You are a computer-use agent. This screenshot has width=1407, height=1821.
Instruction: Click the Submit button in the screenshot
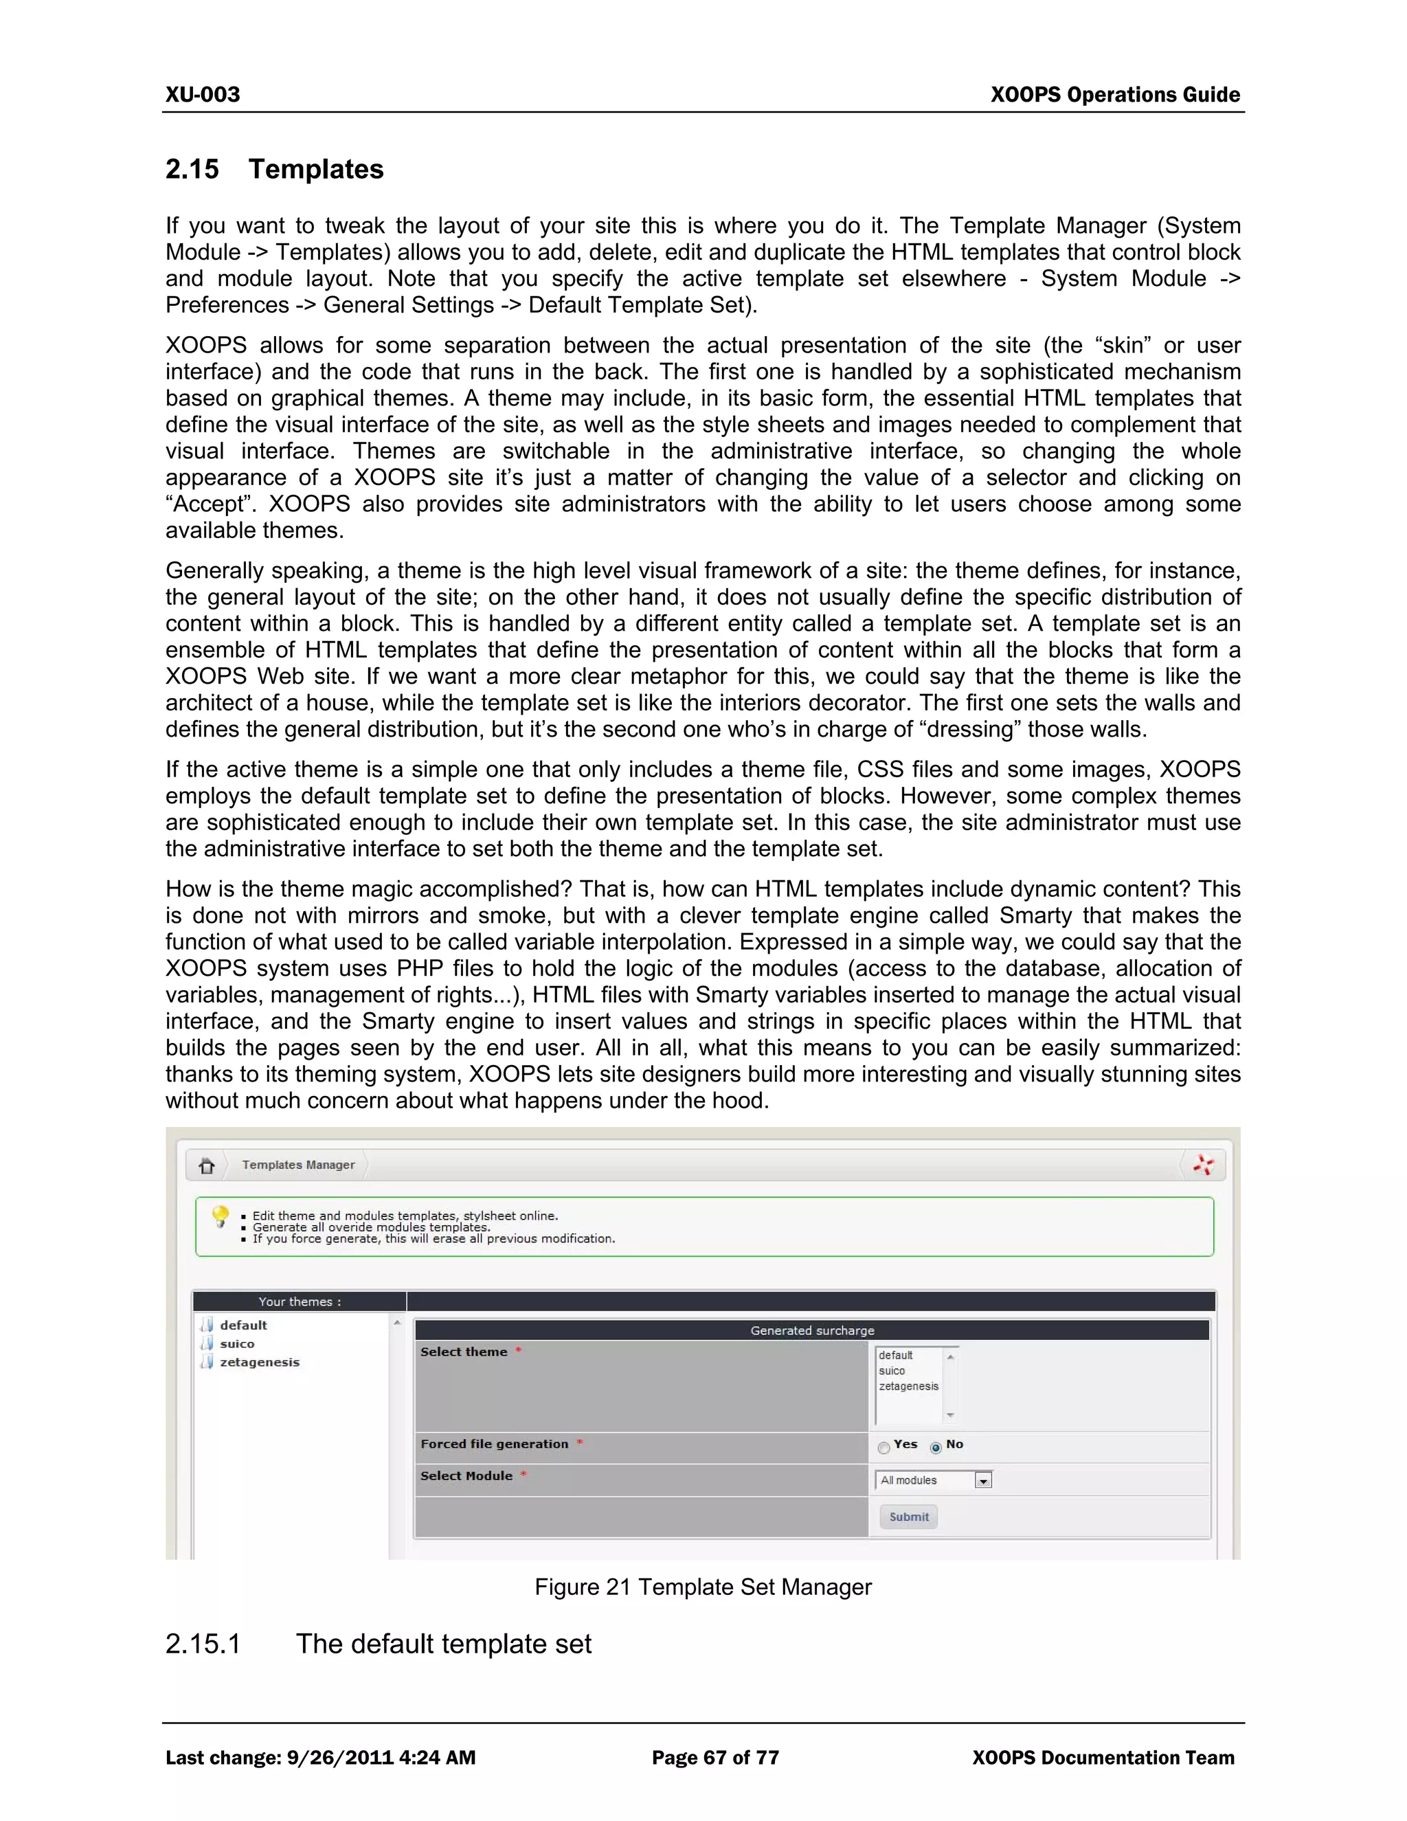coord(908,1517)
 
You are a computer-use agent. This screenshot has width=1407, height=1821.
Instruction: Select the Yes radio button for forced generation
coord(883,1449)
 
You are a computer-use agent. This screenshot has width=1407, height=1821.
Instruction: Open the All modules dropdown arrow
coord(984,1481)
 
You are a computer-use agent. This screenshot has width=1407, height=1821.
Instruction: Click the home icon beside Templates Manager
coord(207,1165)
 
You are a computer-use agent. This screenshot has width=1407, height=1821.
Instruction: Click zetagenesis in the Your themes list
coord(259,1363)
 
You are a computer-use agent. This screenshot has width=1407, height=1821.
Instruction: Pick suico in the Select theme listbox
coord(892,1371)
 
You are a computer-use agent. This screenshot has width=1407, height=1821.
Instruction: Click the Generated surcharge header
coord(812,1331)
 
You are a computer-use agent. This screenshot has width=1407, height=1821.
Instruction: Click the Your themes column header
coord(300,1301)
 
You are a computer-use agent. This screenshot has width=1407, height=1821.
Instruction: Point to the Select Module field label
coord(466,1476)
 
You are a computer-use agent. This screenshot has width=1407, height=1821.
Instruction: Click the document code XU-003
coord(203,95)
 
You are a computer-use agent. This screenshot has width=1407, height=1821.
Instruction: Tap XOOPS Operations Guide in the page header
coord(1114,95)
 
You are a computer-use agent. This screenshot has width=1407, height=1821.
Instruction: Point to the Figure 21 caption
coord(703,1587)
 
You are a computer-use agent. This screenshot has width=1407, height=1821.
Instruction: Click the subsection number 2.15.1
coord(203,1644)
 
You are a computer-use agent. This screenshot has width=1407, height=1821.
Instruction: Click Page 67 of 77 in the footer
coord(715,1758)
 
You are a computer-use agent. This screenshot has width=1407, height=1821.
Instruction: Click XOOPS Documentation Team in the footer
coord(1103,1758)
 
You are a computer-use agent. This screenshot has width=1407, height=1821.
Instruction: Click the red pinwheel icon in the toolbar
coord(1203,1165)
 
